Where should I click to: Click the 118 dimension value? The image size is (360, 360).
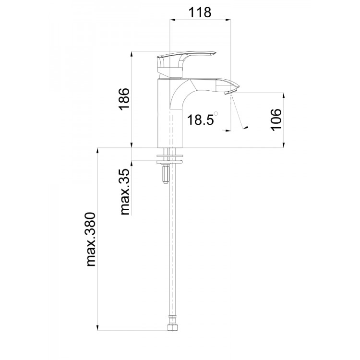(x=200, y=12)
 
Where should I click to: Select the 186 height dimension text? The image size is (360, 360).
(x=124, y=99)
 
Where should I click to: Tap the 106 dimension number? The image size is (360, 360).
(x=276, y=120)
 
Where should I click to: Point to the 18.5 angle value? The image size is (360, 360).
(x=200, y=120)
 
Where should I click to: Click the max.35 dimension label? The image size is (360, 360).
(x=125, y=192)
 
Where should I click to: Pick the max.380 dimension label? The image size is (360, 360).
(x=91, y=240)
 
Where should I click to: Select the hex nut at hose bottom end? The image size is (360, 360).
(x=173, y=327)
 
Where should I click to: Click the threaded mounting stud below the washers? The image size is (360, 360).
(x=165, y=174)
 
